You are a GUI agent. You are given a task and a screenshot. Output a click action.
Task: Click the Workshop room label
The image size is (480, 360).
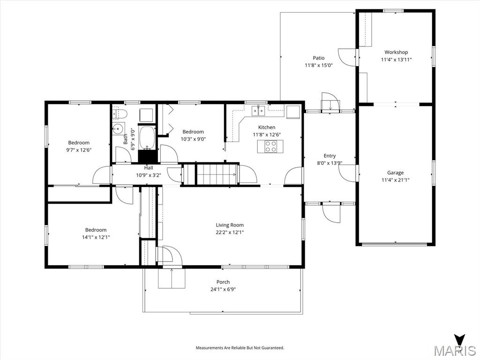396,52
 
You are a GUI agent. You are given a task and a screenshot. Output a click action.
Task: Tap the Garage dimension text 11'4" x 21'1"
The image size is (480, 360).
395,180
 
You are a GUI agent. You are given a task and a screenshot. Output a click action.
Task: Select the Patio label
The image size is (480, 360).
319,58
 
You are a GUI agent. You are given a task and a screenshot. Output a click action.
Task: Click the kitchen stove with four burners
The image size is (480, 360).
271,146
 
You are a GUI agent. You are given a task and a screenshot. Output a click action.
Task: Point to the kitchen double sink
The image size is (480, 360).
258,111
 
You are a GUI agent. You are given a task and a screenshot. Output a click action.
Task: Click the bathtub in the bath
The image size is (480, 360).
147,136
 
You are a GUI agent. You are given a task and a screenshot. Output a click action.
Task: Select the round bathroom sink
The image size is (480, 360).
119,128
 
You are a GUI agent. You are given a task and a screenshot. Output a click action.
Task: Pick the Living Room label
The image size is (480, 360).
230,225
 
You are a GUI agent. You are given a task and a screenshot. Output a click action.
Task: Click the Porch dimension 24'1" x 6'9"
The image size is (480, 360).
223,289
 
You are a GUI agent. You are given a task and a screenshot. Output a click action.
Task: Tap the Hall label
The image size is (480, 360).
149,167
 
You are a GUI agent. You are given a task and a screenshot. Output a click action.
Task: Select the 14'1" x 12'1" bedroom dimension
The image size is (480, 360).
96,237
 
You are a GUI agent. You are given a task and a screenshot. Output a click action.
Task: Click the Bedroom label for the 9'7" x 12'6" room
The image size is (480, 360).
79,143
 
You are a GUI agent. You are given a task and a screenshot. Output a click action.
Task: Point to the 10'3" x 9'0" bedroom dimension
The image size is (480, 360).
193,139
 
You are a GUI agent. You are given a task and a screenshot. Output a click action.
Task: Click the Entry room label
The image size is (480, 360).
330,156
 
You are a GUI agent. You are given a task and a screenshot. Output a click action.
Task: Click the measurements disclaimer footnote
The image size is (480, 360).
240,348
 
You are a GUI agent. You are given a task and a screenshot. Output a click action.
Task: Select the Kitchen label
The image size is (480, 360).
267,127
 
